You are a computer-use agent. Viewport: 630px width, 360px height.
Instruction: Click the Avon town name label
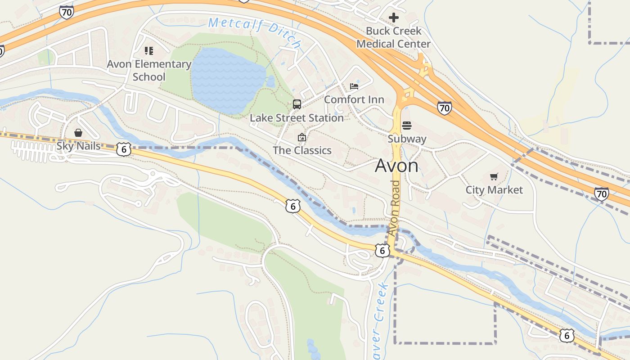[x=396, y=166]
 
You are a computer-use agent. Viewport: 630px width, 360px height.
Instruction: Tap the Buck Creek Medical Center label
[x=393, y=37]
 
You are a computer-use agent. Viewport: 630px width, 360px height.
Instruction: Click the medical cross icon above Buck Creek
[x=394, y=18]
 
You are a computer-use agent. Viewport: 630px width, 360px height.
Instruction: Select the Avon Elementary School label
[x=149, y=70]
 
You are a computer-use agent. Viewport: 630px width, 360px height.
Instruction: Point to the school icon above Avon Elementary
[x=149, y=50]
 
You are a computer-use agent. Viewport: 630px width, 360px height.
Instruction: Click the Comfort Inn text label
[x=354, y=99]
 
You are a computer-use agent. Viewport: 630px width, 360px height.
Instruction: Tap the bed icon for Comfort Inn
[x=354, y=86]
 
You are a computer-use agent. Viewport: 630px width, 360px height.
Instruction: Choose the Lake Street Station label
[x=297, y=118]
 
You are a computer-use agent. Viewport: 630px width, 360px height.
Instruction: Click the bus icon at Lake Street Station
[x=297, y=104]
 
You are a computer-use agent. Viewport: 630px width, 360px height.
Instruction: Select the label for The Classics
[x=302, y=150]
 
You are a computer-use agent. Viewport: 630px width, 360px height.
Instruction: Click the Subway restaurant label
[x=407, y=139]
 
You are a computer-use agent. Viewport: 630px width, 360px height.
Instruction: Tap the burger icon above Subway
[x=407, y=125]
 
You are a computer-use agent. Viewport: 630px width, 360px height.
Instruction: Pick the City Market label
[x=494, y=190]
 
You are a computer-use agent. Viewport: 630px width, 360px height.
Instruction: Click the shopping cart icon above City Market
[x=494, y=176]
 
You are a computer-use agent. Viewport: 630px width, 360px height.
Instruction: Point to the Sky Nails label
[x=78, y=146]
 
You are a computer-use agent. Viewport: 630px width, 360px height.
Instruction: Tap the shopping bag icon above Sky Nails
[x=78, y=133]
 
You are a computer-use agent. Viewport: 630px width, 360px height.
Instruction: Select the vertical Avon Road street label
[x=394, y=208]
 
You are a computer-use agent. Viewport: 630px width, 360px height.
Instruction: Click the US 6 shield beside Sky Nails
[x=124, y=149]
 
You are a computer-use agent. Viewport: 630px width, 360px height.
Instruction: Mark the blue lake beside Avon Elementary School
[x=225, y=79]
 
